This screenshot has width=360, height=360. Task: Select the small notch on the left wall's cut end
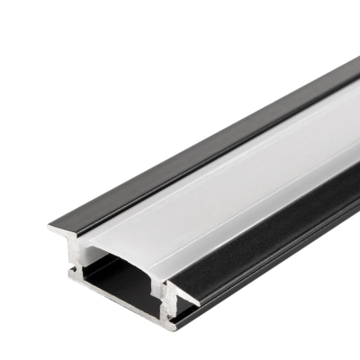coord(71,265)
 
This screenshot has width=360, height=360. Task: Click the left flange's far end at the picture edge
coord(355,65)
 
